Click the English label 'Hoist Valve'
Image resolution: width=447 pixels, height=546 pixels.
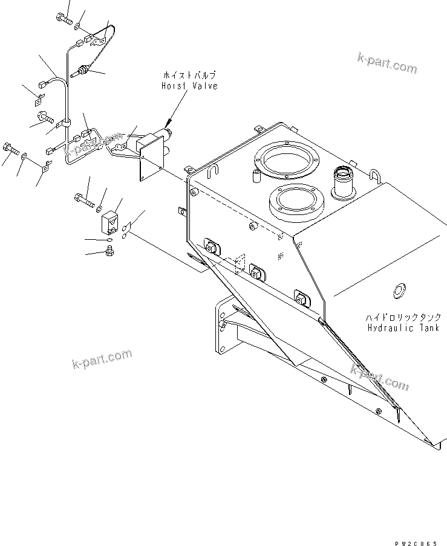[x=188, y=86]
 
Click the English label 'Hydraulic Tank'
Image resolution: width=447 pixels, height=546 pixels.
[x=399, y=328]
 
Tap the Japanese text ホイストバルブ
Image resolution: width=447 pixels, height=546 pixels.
[x=189, y=75]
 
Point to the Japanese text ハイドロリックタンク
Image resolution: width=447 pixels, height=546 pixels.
[x=399, y=317]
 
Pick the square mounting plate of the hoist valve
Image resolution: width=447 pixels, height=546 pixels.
[x=152, y=162]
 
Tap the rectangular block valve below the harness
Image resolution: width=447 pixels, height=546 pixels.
[x=111, y=222]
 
